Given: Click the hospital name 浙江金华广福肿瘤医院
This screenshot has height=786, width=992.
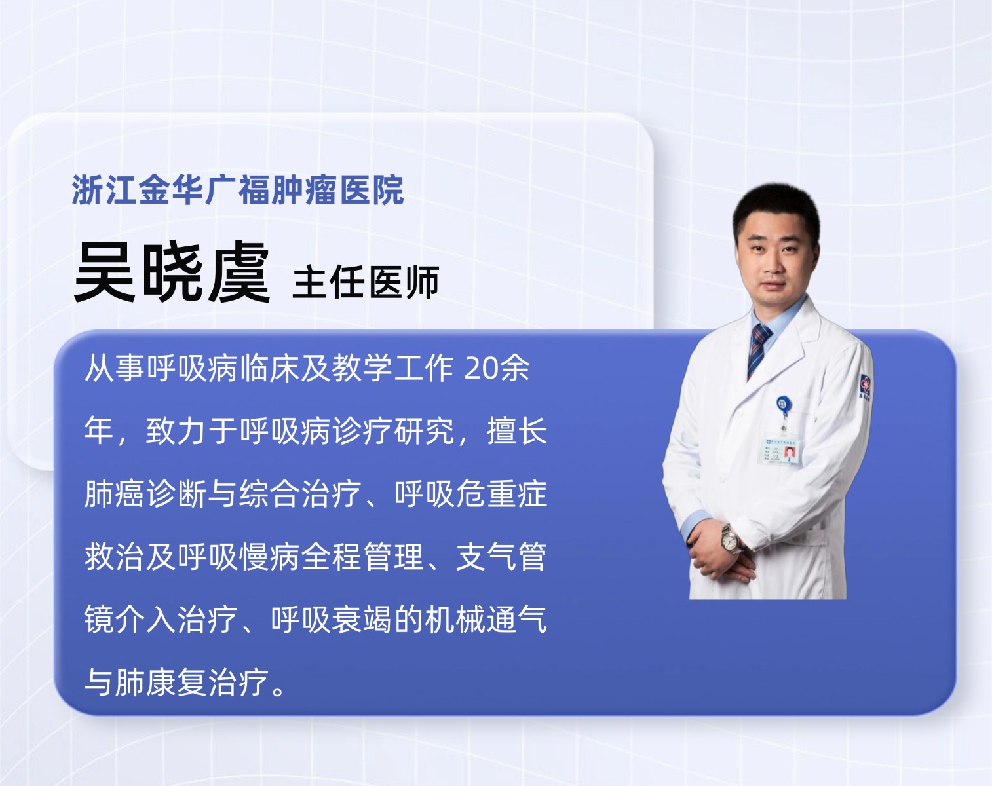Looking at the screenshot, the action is coord(238,189).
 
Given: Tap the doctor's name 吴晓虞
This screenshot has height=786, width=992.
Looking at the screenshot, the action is coord(172,272).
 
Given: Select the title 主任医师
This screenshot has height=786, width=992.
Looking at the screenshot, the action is coord(366,282).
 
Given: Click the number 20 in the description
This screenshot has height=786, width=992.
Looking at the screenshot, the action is coord(481,368).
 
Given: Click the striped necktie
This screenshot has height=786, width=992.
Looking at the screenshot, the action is coord(759,348).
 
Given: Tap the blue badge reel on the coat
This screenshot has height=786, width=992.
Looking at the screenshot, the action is coord(782,405).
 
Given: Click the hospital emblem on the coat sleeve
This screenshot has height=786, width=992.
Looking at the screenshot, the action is coord(866,385).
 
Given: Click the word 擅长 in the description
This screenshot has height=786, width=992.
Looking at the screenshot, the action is coord(517,431).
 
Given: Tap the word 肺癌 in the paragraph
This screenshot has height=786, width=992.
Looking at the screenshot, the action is coord(115,494).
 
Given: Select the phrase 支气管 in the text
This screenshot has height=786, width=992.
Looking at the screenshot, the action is coord(501,557).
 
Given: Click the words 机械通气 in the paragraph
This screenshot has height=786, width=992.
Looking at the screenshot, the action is coord(486,619).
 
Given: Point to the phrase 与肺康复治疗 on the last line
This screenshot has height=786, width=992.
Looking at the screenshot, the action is coord(176,682).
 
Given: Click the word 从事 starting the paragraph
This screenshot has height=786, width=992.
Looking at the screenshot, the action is coord(115,368).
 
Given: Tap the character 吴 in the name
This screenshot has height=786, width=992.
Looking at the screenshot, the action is coord(105,272).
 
